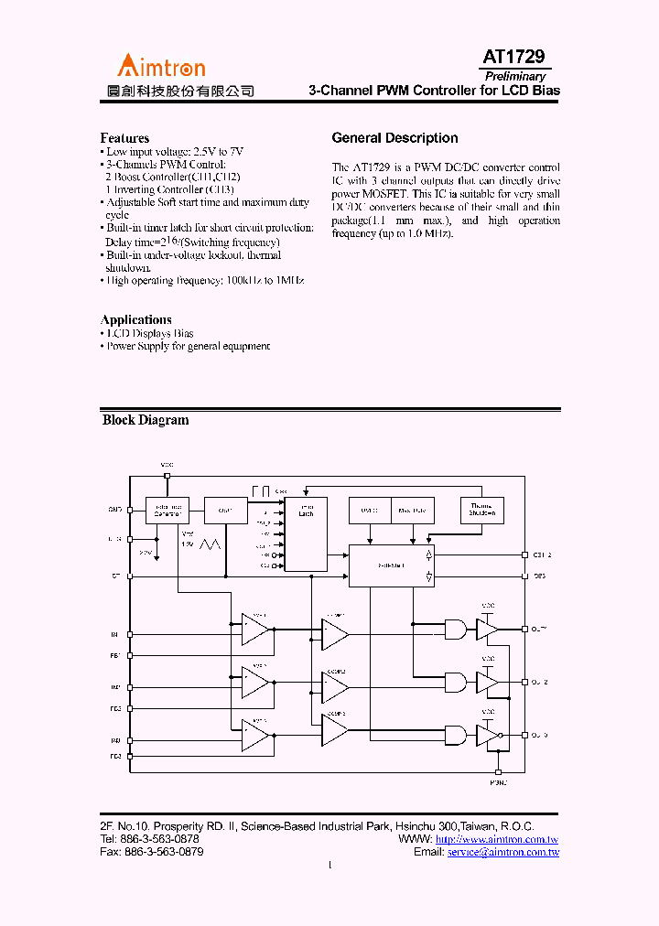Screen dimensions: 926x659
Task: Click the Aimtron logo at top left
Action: click(x=161, y=66)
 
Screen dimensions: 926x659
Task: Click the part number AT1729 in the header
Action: click(x=513, y=57)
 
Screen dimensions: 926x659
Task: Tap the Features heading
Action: click(x=124, y=138)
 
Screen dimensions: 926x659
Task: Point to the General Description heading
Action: click(x=394, y=138)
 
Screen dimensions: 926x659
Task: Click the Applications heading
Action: click(x=135, y=319)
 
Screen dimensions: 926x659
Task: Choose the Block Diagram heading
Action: click(x=146, y=420)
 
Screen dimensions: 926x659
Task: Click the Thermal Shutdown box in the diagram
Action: click(x=481, y=510)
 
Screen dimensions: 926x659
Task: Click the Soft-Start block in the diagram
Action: click(x=389, y=567)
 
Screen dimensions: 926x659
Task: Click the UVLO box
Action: click(x=369, y=510)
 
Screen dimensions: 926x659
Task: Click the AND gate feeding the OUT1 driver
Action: click(x=455, y=629)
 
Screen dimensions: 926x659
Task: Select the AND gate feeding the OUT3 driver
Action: click(x=455, y=735)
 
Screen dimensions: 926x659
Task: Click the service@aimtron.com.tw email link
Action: click(x=502, y=852)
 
